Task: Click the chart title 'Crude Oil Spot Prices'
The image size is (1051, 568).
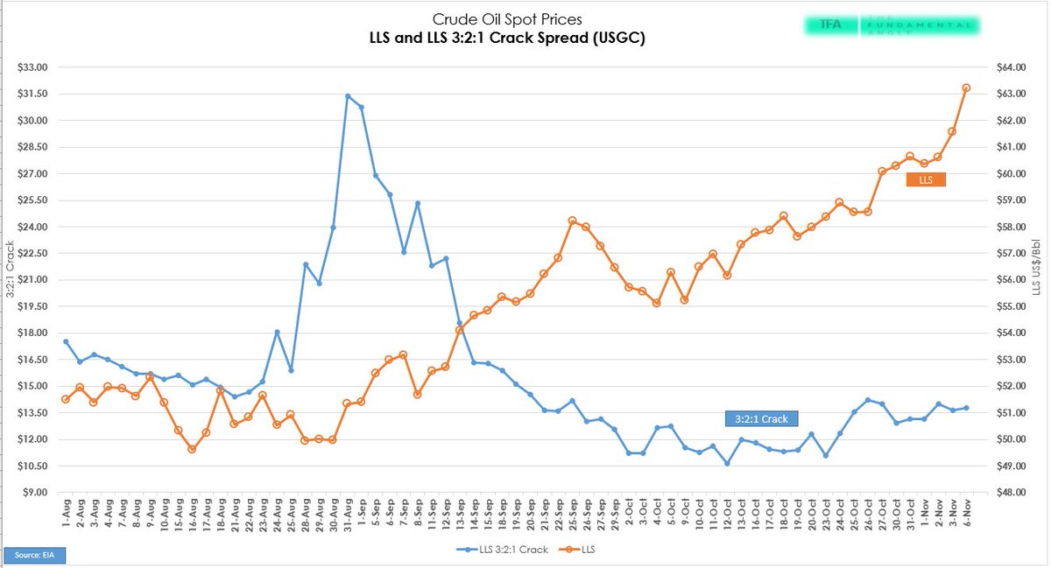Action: [x=507, y=18]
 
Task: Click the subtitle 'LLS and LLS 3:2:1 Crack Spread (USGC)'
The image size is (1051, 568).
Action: [x=507, y=39]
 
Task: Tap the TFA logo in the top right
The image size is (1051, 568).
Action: [x=823, y=25]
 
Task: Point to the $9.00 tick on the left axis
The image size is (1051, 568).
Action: [x=34, y=492]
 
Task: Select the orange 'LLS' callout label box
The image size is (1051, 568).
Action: [x=926, y=179]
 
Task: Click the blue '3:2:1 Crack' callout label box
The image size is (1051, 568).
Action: [x=762, y=419]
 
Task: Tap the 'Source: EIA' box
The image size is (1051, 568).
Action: [x=35, y=555]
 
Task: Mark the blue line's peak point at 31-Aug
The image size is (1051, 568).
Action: [x=348, y=96]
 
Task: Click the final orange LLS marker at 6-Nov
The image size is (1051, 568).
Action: [x=966, y=88]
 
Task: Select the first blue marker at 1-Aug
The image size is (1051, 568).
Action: [x=66, y=341]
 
